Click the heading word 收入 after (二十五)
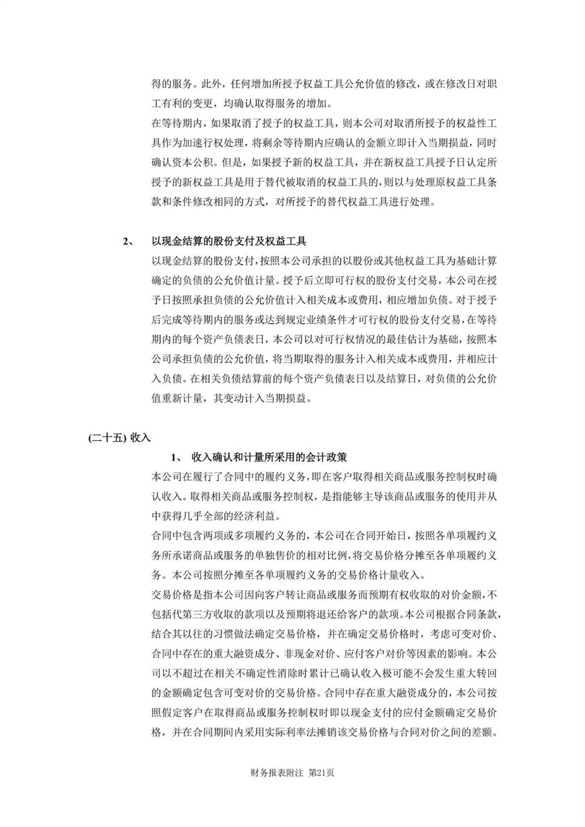pos(141,438)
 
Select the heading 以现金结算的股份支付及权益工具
pos(229,241)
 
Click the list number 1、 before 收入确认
pos(176,458)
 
